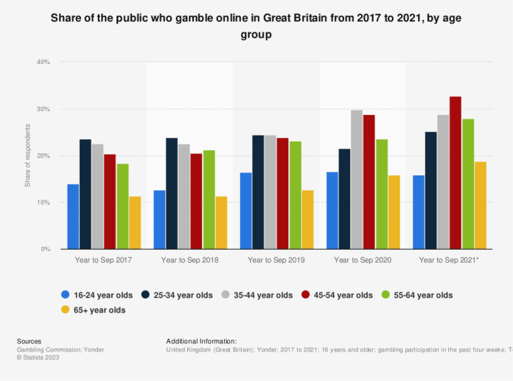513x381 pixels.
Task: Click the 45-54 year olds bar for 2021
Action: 456,173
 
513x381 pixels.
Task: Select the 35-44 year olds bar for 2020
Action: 357,180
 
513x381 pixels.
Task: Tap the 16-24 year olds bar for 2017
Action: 73,217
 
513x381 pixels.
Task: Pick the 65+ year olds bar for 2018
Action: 221,223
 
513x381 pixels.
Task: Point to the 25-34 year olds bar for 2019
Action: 258,192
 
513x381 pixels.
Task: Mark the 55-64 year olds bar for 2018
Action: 209,200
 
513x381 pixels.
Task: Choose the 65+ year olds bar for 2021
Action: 481,206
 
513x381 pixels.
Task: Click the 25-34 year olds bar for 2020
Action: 344,199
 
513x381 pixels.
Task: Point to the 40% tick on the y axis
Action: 43,62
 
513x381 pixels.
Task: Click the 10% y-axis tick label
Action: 43,203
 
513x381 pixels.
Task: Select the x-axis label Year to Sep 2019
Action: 276,261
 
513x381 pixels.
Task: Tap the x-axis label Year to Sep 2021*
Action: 450,261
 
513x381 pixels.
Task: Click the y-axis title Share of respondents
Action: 28,155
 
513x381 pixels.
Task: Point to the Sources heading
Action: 29,341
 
